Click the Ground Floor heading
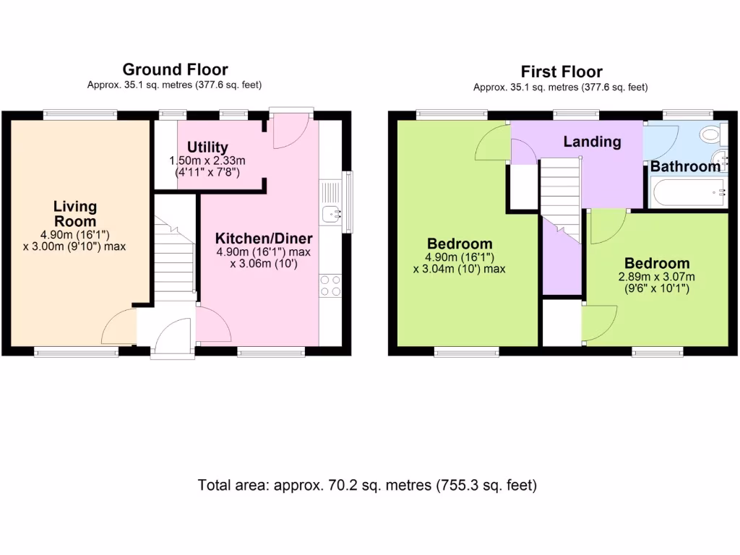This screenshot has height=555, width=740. point(175,69)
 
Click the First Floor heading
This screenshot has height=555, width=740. point(561,72)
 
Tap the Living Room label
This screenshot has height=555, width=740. point(74,213)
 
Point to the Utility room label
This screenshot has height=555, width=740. point(207,147)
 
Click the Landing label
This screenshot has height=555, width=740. point(592,142)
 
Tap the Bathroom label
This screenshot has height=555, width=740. point(685,166)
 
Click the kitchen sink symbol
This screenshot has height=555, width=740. point(332,213)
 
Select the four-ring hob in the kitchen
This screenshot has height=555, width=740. point(330,285)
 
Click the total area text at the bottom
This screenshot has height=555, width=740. point(367,485)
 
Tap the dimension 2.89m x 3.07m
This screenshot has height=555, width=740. point(657,277)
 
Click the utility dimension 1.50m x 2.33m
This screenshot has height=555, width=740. point(207,160)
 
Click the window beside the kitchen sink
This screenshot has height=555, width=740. point(348,202)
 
